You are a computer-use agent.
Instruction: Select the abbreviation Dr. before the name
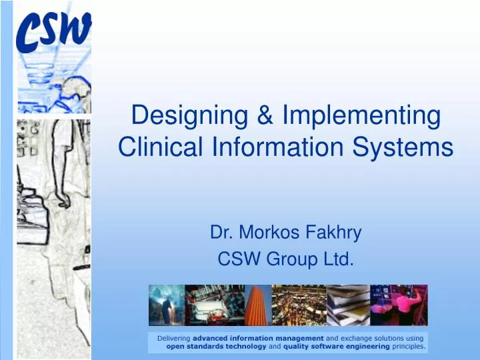coord(221,233)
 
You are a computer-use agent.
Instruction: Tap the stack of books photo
coord(347,305)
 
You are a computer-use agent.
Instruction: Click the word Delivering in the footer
coord(173,339)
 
